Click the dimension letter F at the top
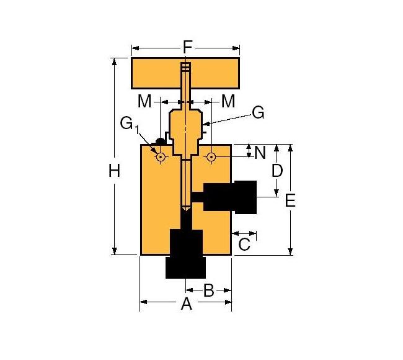point(187,47)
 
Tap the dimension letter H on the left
point(114,171)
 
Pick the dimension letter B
point(209,290)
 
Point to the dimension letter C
point(244,244)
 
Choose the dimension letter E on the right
point(290,200)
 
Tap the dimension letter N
point(260,151)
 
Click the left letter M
point(144,101)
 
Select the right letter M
point(228,101)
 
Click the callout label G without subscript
point(258,112)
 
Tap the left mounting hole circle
point(161,157)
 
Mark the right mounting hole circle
point(211,157)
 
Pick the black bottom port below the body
point(185,254)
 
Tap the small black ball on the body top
point(160,142)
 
